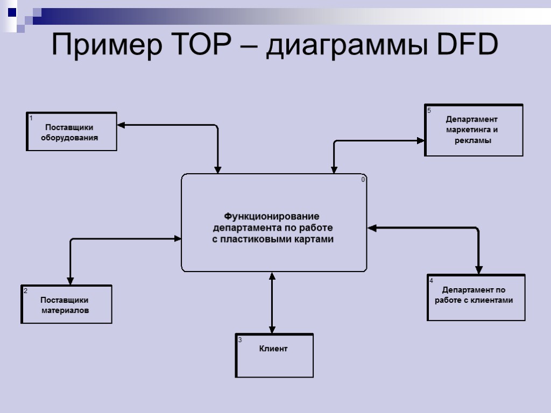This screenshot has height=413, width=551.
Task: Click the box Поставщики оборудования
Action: click(72, 132)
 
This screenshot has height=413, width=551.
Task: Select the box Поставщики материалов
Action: click(66, 305)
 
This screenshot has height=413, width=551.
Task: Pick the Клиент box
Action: click(274, 356)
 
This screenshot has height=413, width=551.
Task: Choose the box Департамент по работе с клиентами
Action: click(476, 298)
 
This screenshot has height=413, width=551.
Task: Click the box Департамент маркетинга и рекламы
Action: click(474, 130)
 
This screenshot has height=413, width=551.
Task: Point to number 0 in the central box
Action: click(363, 180)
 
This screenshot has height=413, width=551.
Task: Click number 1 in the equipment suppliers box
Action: click(31, 118)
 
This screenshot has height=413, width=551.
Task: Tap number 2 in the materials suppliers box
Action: click(25, 291)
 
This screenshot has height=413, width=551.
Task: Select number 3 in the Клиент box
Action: click(240, 340)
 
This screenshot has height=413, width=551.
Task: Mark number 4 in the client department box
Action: click(431, 281)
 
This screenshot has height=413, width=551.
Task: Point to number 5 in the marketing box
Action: click(429, 111)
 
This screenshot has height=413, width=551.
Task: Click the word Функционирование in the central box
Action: click(272, 216)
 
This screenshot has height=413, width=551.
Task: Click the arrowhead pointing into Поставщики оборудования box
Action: click(121, 125)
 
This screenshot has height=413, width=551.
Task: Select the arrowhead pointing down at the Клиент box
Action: click(272, 329)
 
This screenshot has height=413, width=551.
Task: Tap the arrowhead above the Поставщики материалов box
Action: click(70, 281)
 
